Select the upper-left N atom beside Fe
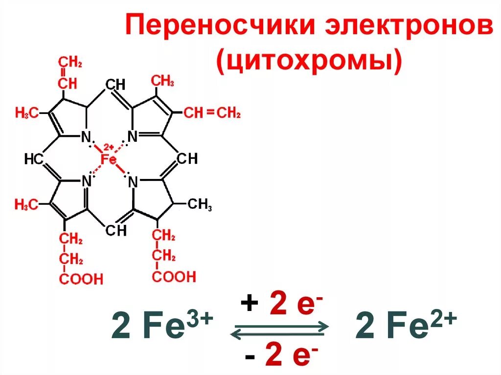[x=86, y=137]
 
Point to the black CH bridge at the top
[x=115, y=85]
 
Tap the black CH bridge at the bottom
[x=116, y=230]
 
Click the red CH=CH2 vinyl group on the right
[x=212, y=113]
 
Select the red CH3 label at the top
[x=162, y=81]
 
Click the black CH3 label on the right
[x=200, y=205]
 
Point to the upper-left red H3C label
[x=26, y=113]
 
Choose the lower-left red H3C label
[x=26, y=205]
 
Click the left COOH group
[x=81, y=279]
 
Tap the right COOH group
[x=174, y=277]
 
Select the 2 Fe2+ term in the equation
[x=406, y=327]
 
